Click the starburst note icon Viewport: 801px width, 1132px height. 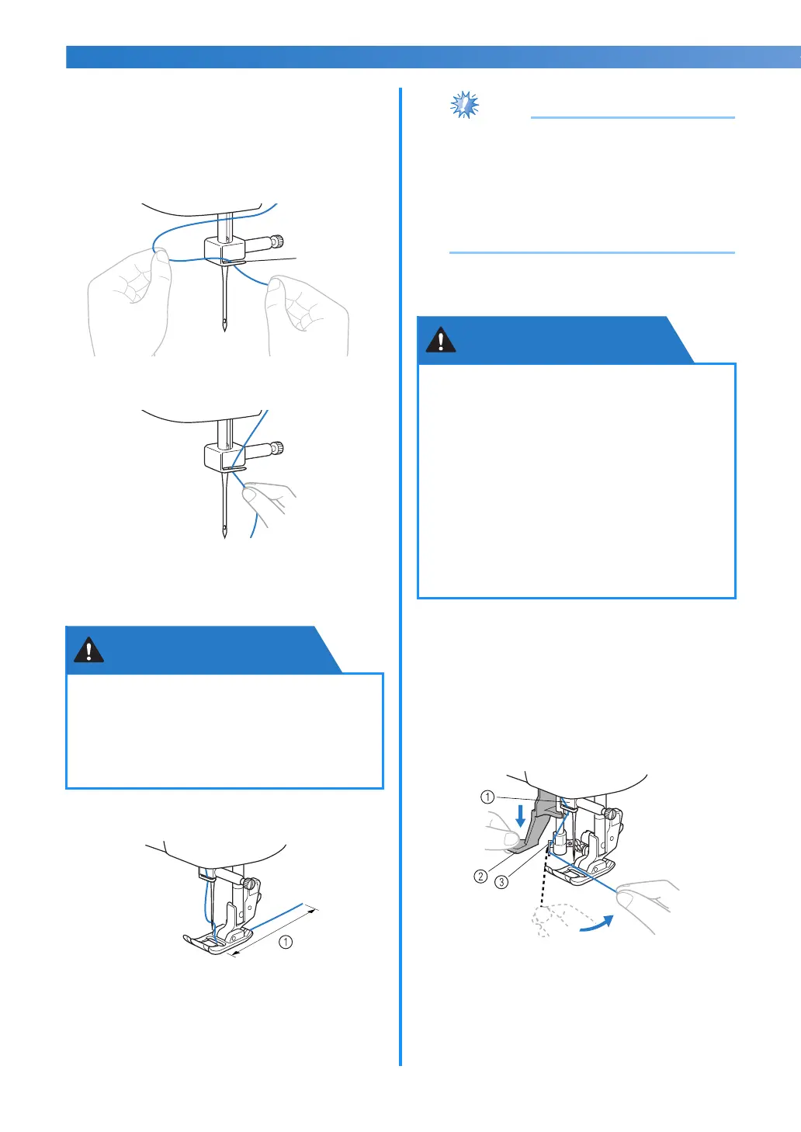[464, 105]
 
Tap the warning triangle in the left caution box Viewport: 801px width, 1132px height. [89, 651]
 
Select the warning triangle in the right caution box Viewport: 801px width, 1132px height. [441, 340]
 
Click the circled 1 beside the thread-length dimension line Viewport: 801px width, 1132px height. [286, 942]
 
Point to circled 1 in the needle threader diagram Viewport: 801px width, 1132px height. [487, 797]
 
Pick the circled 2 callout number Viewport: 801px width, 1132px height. [480, 876]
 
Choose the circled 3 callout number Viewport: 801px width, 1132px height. [501, 882]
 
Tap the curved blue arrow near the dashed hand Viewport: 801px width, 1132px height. [597, 923]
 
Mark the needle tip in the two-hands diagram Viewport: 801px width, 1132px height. [225, 330]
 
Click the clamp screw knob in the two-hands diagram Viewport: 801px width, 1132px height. [277, 241]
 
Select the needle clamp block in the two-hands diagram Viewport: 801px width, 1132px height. [225, 250]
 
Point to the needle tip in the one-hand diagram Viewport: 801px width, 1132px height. [225, 536]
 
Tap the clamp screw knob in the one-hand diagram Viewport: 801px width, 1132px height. [277, 448]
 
